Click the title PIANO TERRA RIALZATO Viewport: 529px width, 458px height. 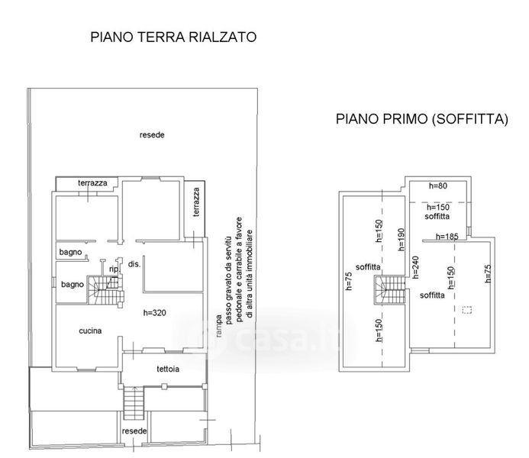point(173,37)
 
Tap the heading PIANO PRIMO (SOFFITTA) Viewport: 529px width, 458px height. point(421,119)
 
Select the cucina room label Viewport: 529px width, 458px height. point(90,331)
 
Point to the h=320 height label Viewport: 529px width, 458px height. point(154,313)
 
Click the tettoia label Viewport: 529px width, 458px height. point(168,369)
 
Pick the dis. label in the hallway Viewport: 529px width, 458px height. point(134,264)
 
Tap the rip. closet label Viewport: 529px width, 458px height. point(115,269)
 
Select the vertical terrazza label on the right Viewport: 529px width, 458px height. point(196,202)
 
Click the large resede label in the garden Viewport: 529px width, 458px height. point(152,135)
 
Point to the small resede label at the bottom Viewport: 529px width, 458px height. point(134,431)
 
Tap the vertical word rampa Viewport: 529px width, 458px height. point(219,326)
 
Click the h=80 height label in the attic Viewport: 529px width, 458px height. point(438,185)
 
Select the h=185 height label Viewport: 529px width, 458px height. point(447,237)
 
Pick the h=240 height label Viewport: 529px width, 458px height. point(415,267)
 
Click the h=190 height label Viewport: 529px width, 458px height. point(401,240)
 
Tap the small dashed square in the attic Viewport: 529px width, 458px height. point(467,310)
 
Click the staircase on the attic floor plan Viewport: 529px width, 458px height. point(389,290)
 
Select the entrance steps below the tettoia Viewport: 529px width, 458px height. point(134,403)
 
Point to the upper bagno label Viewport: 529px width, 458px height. point(70,252)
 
